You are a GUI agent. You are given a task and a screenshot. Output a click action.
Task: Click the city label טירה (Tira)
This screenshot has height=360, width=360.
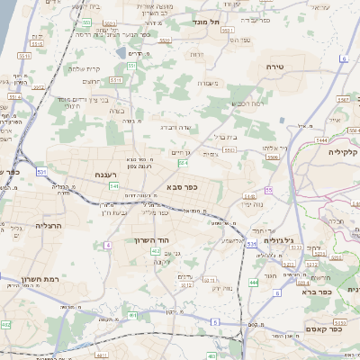pyautogui.click(x=275, y=67)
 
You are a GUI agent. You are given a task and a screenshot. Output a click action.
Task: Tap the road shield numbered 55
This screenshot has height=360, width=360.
pyautogui.click(x=268, y=190)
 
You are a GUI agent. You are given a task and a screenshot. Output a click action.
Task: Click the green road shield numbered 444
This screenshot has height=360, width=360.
pyautogui.click(x=254, y=282)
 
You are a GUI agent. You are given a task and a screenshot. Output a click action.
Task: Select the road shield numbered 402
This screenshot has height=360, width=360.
pyautogui.click(x=156, y=252)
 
